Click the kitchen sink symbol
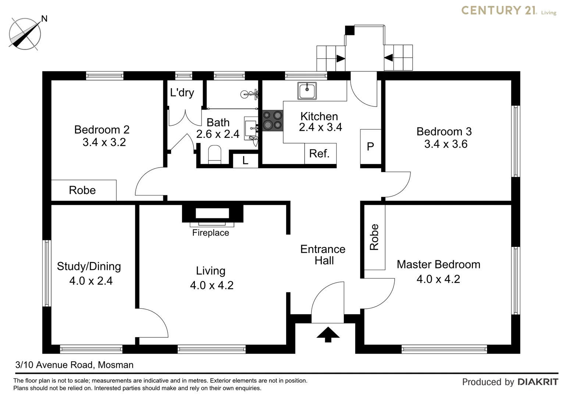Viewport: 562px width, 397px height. click(x=306, y=91)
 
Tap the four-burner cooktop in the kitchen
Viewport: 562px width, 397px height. click(x=272, y=121)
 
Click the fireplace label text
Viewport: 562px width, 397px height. click(x=210, y=233)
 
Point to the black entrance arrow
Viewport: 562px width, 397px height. click(x=328, y=335)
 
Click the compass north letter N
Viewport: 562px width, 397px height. click(x=44, y=18)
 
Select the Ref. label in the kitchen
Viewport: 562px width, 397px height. click(x=319, y=153)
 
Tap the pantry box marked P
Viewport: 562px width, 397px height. click(x=370, y=147)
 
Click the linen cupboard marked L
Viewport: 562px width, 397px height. click(x=245, y=160)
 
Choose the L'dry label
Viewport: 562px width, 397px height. click(x=182, y=92)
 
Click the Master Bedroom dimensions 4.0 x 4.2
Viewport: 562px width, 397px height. click(x=438, y=279)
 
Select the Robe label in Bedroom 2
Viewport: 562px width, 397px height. click(x=82, y=190)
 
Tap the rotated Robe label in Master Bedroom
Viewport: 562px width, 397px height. click(x=374, y=237)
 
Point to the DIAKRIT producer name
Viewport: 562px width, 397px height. click(x=538, y=382)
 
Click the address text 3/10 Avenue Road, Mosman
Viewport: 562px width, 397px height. click(x=74, y=365)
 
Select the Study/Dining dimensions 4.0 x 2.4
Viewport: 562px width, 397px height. click(x=91, y=281)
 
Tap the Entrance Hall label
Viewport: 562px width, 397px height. click(x=323, y=255)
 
